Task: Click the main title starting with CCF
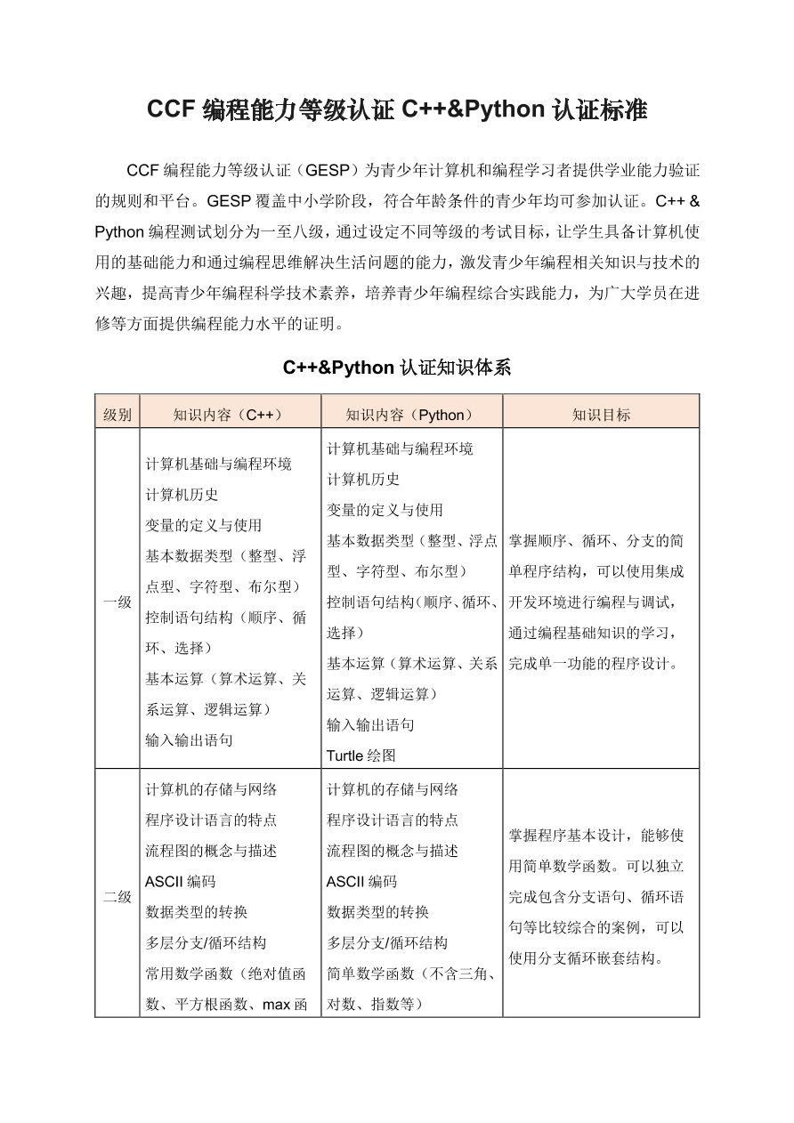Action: (397, 110)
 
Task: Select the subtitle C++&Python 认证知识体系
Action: (397, 368)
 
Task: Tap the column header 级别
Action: (117, 415)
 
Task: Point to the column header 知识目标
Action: (601, 415)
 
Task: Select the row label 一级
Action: (117, 602)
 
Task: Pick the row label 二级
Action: (117, 896)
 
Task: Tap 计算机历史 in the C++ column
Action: (182, 495)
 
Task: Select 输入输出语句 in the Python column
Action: (370, 724)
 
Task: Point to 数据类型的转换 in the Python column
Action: (377, 912)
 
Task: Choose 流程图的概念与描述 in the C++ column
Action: (211, 851)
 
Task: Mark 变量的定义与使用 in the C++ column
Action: (203, 525)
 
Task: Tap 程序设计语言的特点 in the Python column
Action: (393, 820)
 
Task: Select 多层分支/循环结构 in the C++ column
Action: (206, 942)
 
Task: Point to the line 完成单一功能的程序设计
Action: (595, 663)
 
